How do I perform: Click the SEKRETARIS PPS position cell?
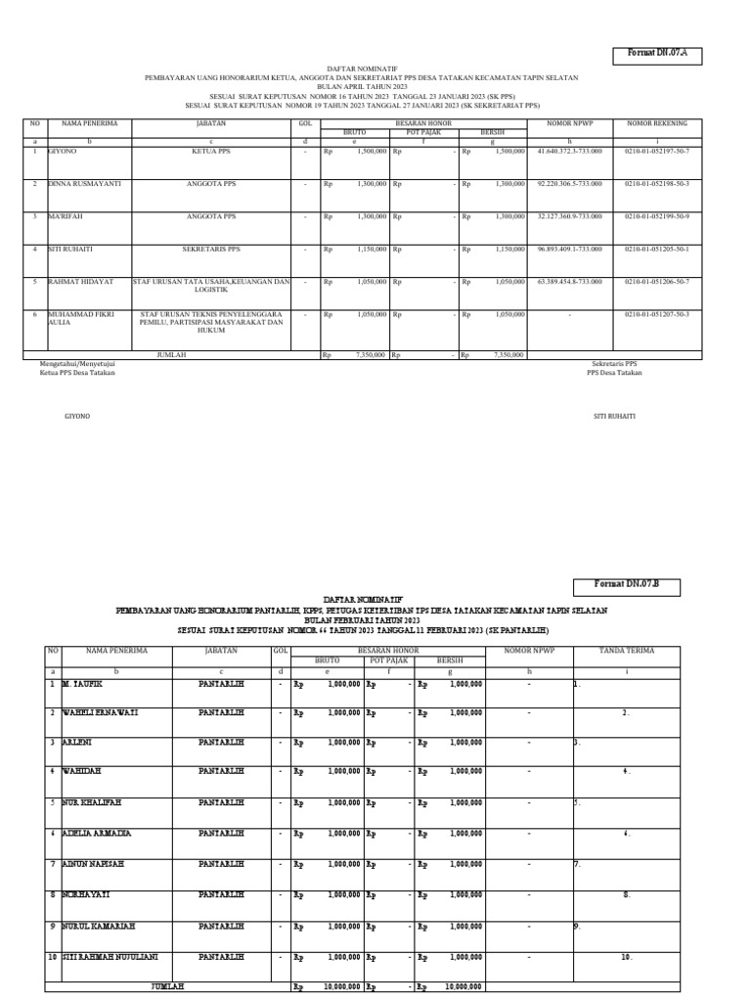click(x=212, y=249)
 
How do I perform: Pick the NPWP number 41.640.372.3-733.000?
click(x=570, y=152)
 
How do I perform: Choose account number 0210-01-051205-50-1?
click(x=657, y=249)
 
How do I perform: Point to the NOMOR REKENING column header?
click(x=657, y=124)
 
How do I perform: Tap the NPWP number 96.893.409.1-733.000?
click(x=570, y=249)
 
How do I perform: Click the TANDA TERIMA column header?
click(x=626, y=650)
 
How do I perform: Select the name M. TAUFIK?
click(x=81, y=684)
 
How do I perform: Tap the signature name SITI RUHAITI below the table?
click(x=614, y=416)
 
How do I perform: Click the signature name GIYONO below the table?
click(x=76, y=416)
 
